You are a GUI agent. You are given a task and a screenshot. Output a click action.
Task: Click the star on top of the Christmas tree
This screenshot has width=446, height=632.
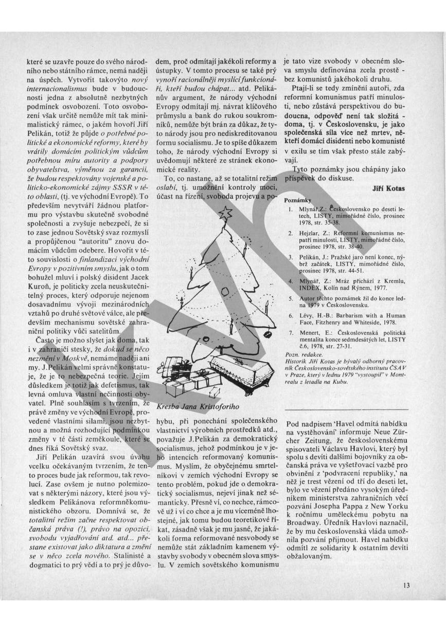coord(225,211)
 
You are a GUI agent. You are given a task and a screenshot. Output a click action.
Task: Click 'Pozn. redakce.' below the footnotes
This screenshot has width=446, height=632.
coord(304,355)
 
